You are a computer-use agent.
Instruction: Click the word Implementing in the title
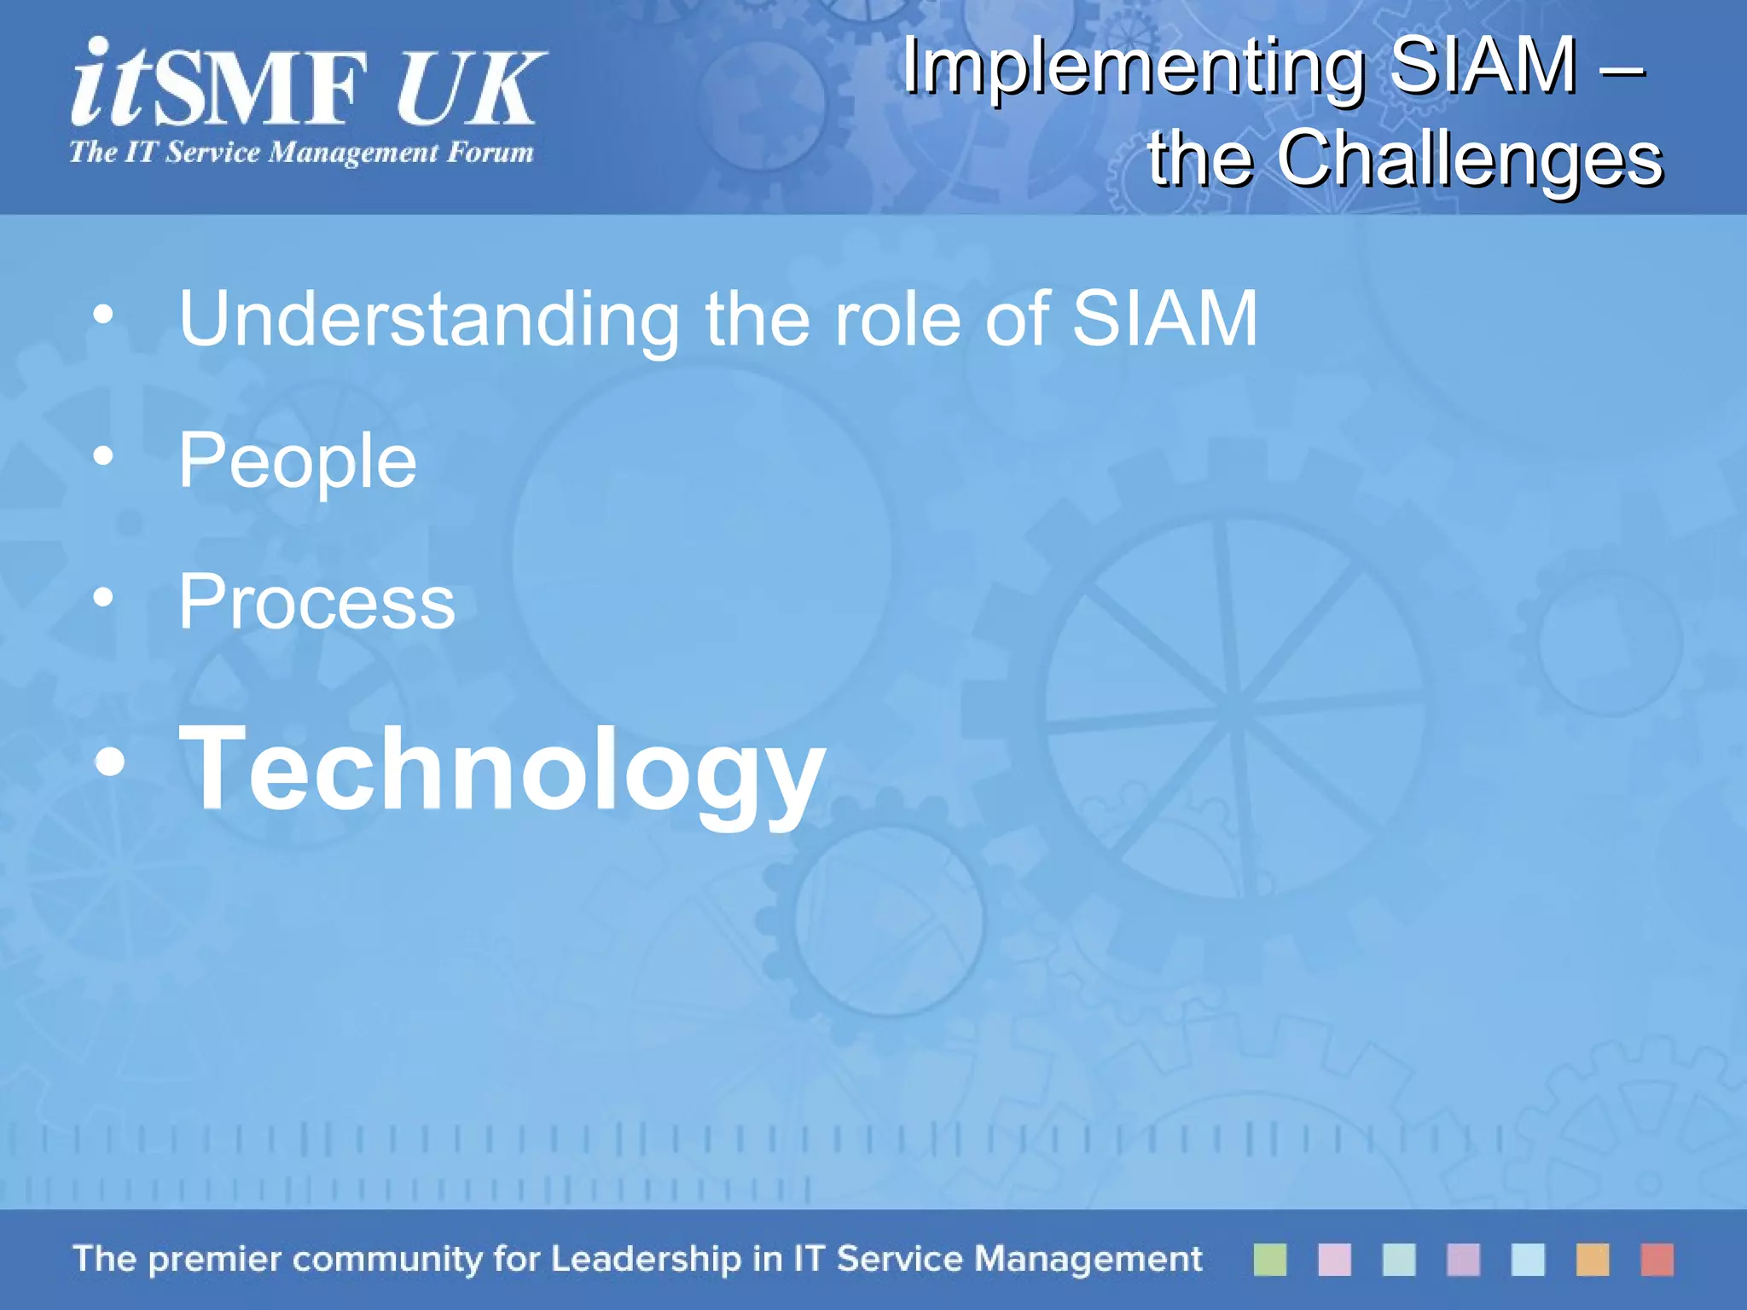pyautogui.click(x=1135, y=68)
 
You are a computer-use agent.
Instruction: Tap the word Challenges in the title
pyautogui.click(x=1469, y=158)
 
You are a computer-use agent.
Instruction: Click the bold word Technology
pyautogui.click(x=502, y=769)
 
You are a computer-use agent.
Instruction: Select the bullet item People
pyautogui.click(x=297, y=461)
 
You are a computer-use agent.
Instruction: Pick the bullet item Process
pyautogui.click(x=316, y=602)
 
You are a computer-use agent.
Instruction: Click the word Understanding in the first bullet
pyautogui.click(x=429, y=319)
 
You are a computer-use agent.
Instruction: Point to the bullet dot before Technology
pyautogui.click(x=110, y=762)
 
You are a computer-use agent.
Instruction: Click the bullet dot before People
pyautogui.click(x=103, y=456)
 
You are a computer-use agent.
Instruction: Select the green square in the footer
pyautogui.click(x=1269, y=1259)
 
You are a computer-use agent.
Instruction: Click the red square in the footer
pyautogui.click(x=1657, y=1259)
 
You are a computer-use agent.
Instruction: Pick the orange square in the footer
pyautogui.click(x=1592, y=1259)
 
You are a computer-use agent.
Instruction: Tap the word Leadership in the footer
pyautogui.click(x=646, y=1259)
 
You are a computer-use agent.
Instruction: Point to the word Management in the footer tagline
pyautogui.click(x=1088, y=1259)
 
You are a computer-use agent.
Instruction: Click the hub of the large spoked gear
pyautogui.click(x=1233, y=707)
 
